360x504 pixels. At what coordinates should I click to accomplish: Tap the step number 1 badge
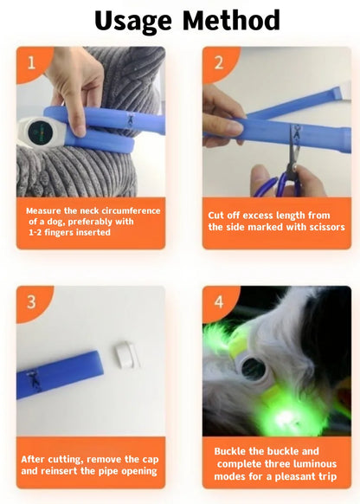click(31, 63)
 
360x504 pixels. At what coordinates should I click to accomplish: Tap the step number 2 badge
click(218, 63)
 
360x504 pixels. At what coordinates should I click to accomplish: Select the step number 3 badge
click(31, 302)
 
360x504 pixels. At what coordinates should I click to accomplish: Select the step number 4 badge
click(218, 302)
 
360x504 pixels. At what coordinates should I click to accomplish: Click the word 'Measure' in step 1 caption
click(47, 210)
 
